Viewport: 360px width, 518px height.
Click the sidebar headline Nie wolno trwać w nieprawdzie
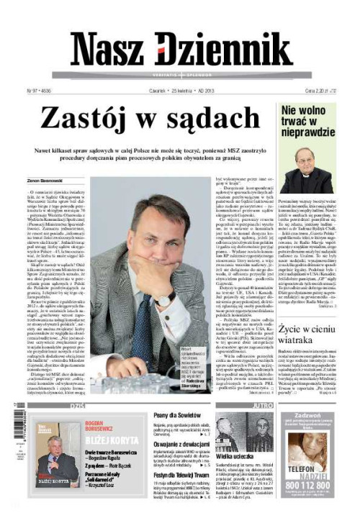coord(308,121)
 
